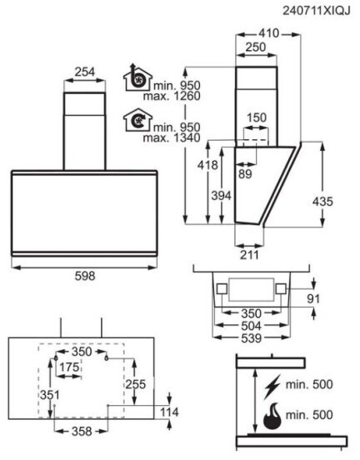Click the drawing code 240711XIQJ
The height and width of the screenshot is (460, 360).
tap(317, 11)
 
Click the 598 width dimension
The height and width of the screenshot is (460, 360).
tap(85, 276)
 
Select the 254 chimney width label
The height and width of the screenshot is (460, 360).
tap(85, 72)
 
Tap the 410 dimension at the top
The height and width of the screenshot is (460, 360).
tap(269, 33)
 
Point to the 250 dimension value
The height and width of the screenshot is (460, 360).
tap(256, 47)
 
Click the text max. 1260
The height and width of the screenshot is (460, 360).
tap(172, 96)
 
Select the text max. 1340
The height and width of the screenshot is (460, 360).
tap(172, 137)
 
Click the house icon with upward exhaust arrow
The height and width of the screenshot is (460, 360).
tap(137, 77)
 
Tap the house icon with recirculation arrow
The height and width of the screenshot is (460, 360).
tap(137, 120)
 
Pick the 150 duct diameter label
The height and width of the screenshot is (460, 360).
tap(257, 117)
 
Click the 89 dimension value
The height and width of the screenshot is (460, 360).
tap(245, 174)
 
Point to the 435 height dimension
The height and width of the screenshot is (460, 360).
tap(322, 202)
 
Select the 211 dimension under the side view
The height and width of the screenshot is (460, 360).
tap(249, 255)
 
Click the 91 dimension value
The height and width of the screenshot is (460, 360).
tap(313, 299)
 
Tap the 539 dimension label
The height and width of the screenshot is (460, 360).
tap(251, 338)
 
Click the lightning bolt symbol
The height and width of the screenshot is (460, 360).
tap(272, 387)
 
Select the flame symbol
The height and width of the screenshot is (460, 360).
tap(272, 416)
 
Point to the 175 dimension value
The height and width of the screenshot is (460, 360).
tap(69, 367)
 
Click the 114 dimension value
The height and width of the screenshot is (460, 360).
tap(170, 412)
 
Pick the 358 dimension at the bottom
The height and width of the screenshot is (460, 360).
tap(82, 432)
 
